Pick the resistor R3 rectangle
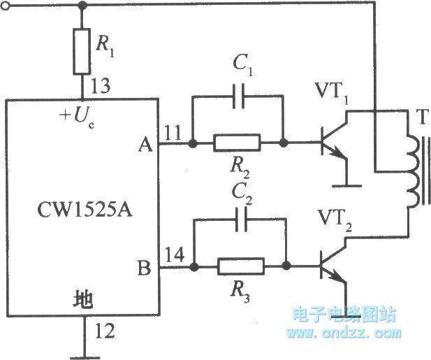click(240, 266)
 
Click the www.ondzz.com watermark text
click(343, 333)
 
